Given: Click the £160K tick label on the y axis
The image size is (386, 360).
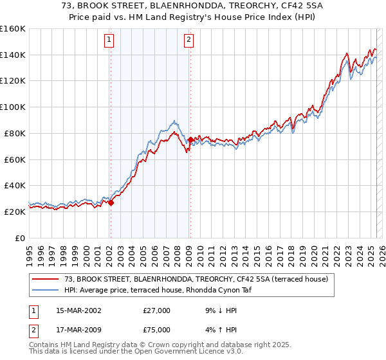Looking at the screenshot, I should tap(13, 29).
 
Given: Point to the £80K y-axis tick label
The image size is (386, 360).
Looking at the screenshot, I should tap(15, 133).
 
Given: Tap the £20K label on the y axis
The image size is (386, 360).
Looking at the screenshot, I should tap(15, 212).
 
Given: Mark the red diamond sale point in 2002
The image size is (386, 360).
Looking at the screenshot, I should tap(111, 203).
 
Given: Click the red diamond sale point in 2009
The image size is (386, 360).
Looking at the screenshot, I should tap(190, 139).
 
